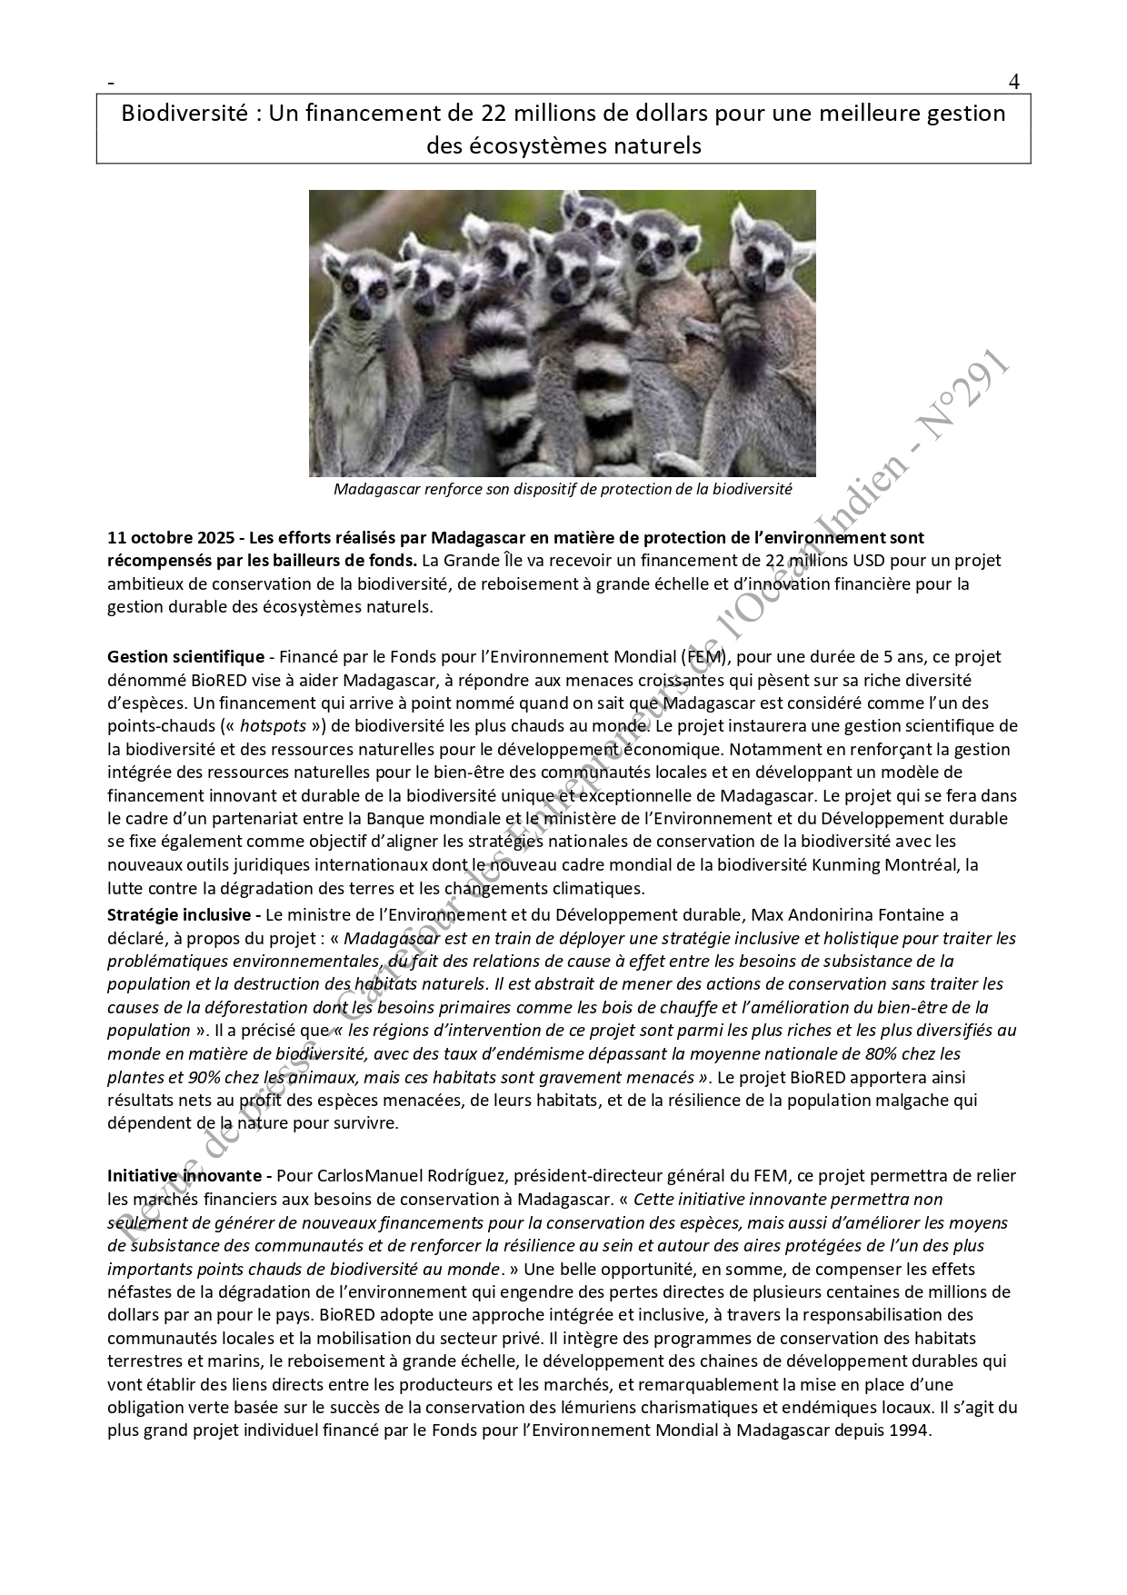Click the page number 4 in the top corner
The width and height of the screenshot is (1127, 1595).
tap(1013, 82)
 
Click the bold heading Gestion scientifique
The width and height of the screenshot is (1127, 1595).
tap(185, 656)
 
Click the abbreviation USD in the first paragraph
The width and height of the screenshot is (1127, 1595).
tap(804, 561)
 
